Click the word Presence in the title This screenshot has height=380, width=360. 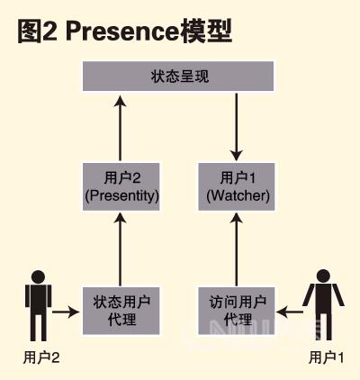[122, 31]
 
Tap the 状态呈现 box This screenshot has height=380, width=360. [178, 76]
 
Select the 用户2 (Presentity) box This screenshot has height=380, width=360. [121, 186]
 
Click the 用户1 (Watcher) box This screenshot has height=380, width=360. [237, 186]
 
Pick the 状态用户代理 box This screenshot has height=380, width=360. [121, 311]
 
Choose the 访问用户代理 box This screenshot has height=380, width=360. [237, 311]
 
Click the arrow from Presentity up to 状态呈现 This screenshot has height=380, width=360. [121, 128]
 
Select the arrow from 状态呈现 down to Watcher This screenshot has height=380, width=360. [237, 127]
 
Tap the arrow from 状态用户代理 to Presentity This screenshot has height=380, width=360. [121, 249]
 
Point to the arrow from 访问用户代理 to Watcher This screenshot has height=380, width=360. [237, 249]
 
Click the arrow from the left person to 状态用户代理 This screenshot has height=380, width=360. [66, 312]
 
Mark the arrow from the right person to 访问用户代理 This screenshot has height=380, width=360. [290, 312]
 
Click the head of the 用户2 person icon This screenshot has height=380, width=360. [39, 276]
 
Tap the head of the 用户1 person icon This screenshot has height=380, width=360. [323, 276]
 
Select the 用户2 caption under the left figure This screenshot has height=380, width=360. [41, 357]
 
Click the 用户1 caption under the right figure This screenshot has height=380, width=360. [327, 357]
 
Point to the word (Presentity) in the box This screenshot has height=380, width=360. [121, 196]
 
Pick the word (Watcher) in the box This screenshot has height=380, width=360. [238, 196]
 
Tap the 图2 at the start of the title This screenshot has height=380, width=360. [37, 31]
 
